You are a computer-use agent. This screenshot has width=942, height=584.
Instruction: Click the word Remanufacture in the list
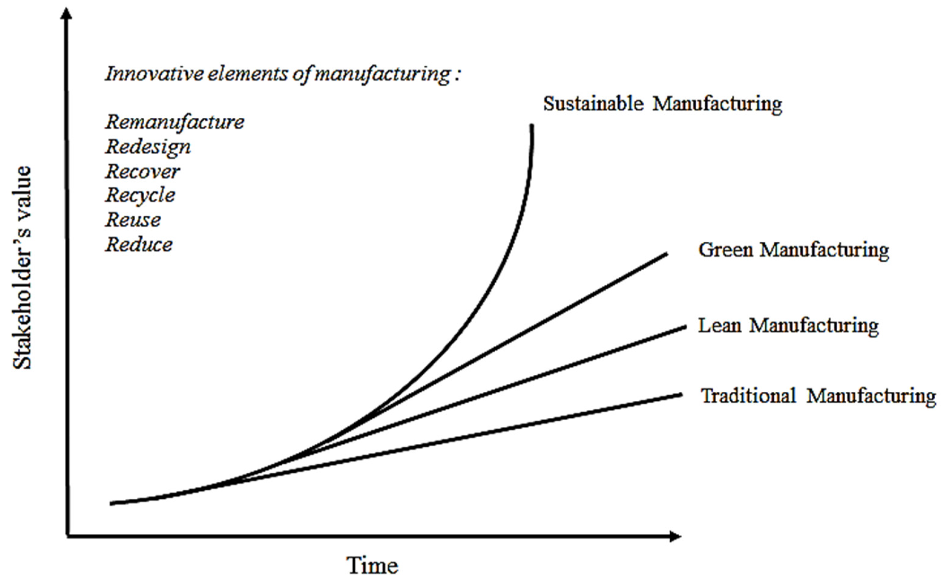(175, 122)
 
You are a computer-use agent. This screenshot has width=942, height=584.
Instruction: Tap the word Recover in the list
(143, 171)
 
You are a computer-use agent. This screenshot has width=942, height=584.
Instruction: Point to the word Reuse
(133, 220)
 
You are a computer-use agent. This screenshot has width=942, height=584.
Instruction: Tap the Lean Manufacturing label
(788, 326)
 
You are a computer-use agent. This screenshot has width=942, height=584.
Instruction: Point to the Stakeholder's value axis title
(22, 268)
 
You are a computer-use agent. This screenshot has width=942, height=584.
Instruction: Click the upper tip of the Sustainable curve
(532, 126)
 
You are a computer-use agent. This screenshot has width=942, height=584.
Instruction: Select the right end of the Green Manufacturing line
(666, 254)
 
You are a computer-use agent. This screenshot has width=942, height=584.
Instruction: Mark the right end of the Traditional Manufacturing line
(681, 395)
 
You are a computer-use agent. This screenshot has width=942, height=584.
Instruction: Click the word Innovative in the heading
(154, 74)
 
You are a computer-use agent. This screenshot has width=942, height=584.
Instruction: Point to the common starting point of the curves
(112, 503)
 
